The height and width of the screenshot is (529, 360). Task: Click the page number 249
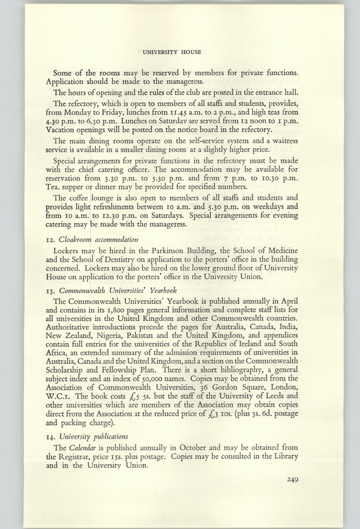[x=294, y=479]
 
